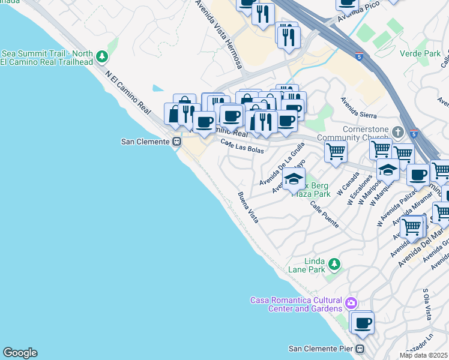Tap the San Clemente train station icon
point(176,142)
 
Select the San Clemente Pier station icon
point(360,349)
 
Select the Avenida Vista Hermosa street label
point(218,33)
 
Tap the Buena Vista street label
point(247,208)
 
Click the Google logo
point(20,353)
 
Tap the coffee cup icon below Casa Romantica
point(362,323)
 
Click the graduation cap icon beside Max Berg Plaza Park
point(294,179)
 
